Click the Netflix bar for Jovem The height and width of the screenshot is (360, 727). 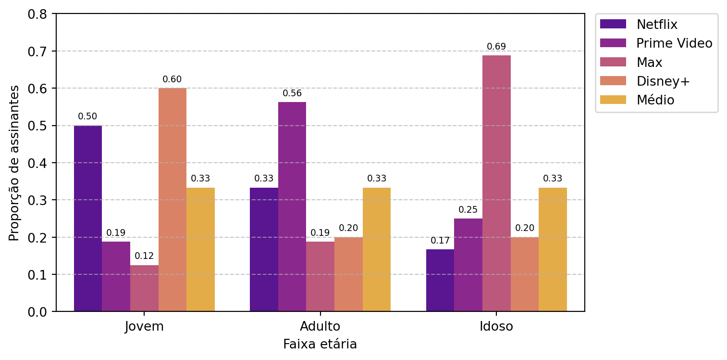(x=88, y=219)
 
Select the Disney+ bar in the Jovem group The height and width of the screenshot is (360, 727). (x=173, y=200)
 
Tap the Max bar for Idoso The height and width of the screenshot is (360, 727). (x=496, y=183)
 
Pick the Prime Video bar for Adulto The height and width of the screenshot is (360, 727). (x=292, y=207)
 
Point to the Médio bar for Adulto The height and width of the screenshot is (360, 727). (x=377, y=250)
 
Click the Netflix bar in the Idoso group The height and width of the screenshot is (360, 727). (x=440, y=280)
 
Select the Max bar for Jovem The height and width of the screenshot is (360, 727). (x=145, y=288)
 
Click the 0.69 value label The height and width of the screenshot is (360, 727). (x=496, y=47)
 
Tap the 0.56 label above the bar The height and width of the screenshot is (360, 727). (x=292, y=93)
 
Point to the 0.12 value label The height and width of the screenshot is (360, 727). (x=144, y=256)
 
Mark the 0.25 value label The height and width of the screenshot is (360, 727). (x=468, y=210)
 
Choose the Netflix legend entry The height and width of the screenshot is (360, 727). (x=639, y=25)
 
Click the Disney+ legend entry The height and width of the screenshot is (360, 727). (x=645, y=81)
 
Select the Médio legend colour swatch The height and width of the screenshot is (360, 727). (x=613, y=100)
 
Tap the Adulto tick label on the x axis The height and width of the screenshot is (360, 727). (x=320, y=326)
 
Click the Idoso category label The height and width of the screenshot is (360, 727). (x=496, y=326)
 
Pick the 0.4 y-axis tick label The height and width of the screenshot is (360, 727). (x=37, y=163)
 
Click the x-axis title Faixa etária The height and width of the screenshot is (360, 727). (x=320, y=344)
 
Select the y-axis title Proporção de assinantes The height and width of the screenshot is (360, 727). (x=14, y=163)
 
